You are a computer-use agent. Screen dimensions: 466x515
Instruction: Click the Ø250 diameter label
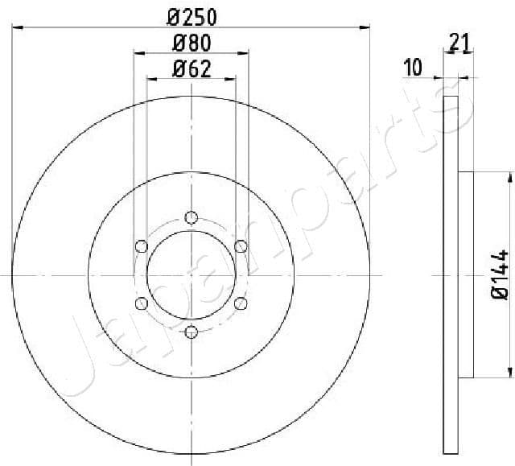coord(191,16)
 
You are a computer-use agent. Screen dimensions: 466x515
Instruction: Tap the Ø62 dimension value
coord(192,69)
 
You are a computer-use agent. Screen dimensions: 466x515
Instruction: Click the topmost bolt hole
coord(191,217)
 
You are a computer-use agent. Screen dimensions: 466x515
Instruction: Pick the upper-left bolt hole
coord(142,245)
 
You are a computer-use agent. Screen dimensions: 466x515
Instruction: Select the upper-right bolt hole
coord(240,245)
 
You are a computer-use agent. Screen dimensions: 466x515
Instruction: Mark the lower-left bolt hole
coord(142,303)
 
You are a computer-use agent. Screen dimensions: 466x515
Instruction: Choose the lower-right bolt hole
coord(240,303)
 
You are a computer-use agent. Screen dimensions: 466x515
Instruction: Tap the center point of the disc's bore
coord(191,274)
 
